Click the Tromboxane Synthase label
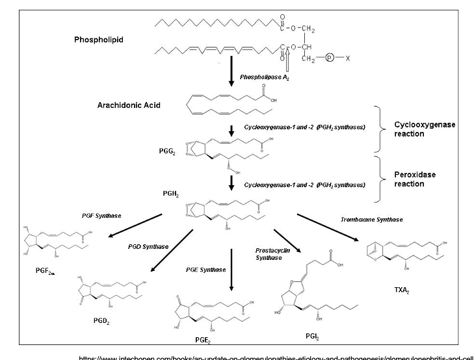pyautogui.click(x=372, y=220)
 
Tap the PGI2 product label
pyautogui.click(x=311, y=336)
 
